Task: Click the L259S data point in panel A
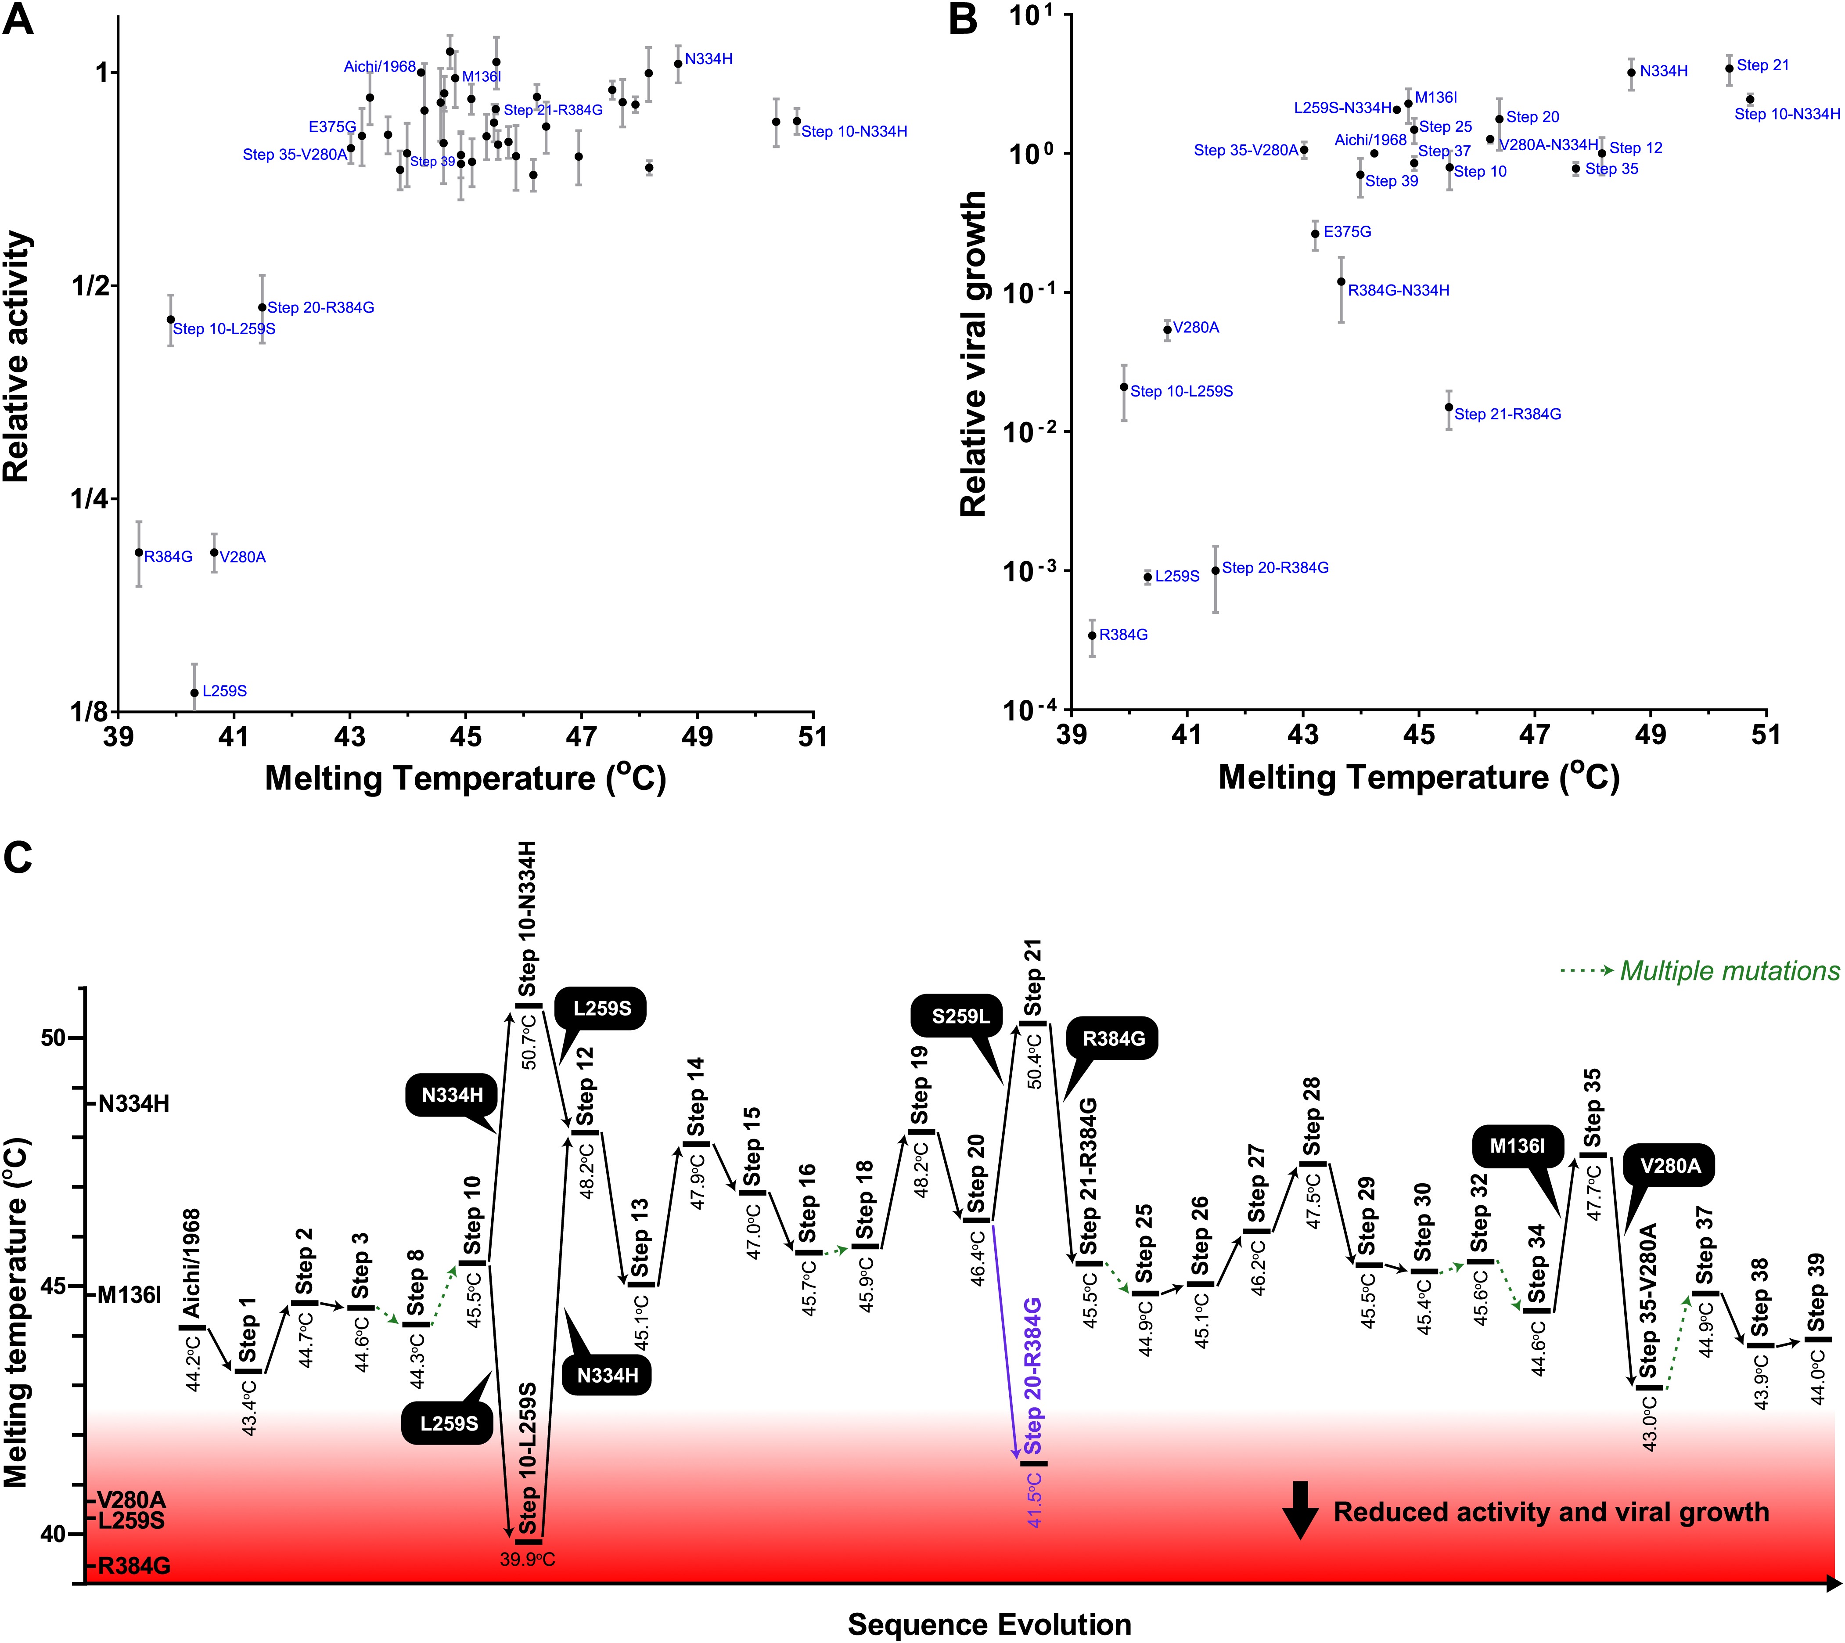[x=194, y=692]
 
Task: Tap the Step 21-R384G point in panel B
[x=1449, y=407]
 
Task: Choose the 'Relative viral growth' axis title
[x=973, y=354]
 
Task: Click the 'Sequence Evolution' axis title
[x=989, y=1624]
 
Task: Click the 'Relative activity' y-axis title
[x=18, y=357]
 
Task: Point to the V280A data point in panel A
[x=214, y=552]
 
